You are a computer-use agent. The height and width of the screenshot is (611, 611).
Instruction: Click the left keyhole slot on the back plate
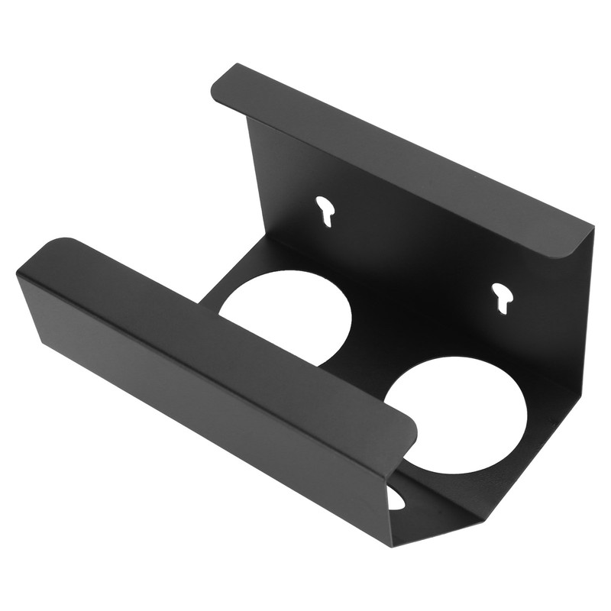326,210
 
